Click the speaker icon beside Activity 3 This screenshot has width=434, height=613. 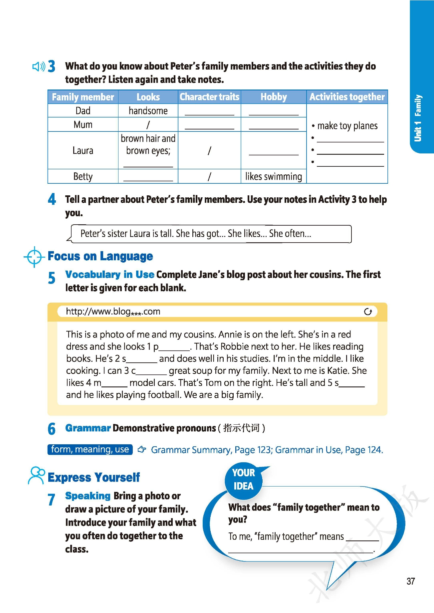39,67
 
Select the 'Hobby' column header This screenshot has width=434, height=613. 274,97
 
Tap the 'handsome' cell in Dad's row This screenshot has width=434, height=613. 148,111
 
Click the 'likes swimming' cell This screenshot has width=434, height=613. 274,176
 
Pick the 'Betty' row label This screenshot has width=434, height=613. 83,176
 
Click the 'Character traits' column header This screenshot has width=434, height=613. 209,97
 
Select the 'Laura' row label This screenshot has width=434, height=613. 83,151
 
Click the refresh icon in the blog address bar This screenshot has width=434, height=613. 368,312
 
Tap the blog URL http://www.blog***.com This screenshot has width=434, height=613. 113,311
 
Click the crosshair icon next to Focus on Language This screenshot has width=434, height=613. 34,257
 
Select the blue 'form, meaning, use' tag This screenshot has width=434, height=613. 90,450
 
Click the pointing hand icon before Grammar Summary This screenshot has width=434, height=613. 142,450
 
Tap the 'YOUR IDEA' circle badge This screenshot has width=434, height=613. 243,480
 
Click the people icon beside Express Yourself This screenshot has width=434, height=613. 36,475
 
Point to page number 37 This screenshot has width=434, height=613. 411,581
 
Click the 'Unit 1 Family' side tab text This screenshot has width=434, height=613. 418,118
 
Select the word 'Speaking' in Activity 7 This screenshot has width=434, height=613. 88,496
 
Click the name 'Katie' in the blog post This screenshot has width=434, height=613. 338,371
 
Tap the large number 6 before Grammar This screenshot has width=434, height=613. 52,429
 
